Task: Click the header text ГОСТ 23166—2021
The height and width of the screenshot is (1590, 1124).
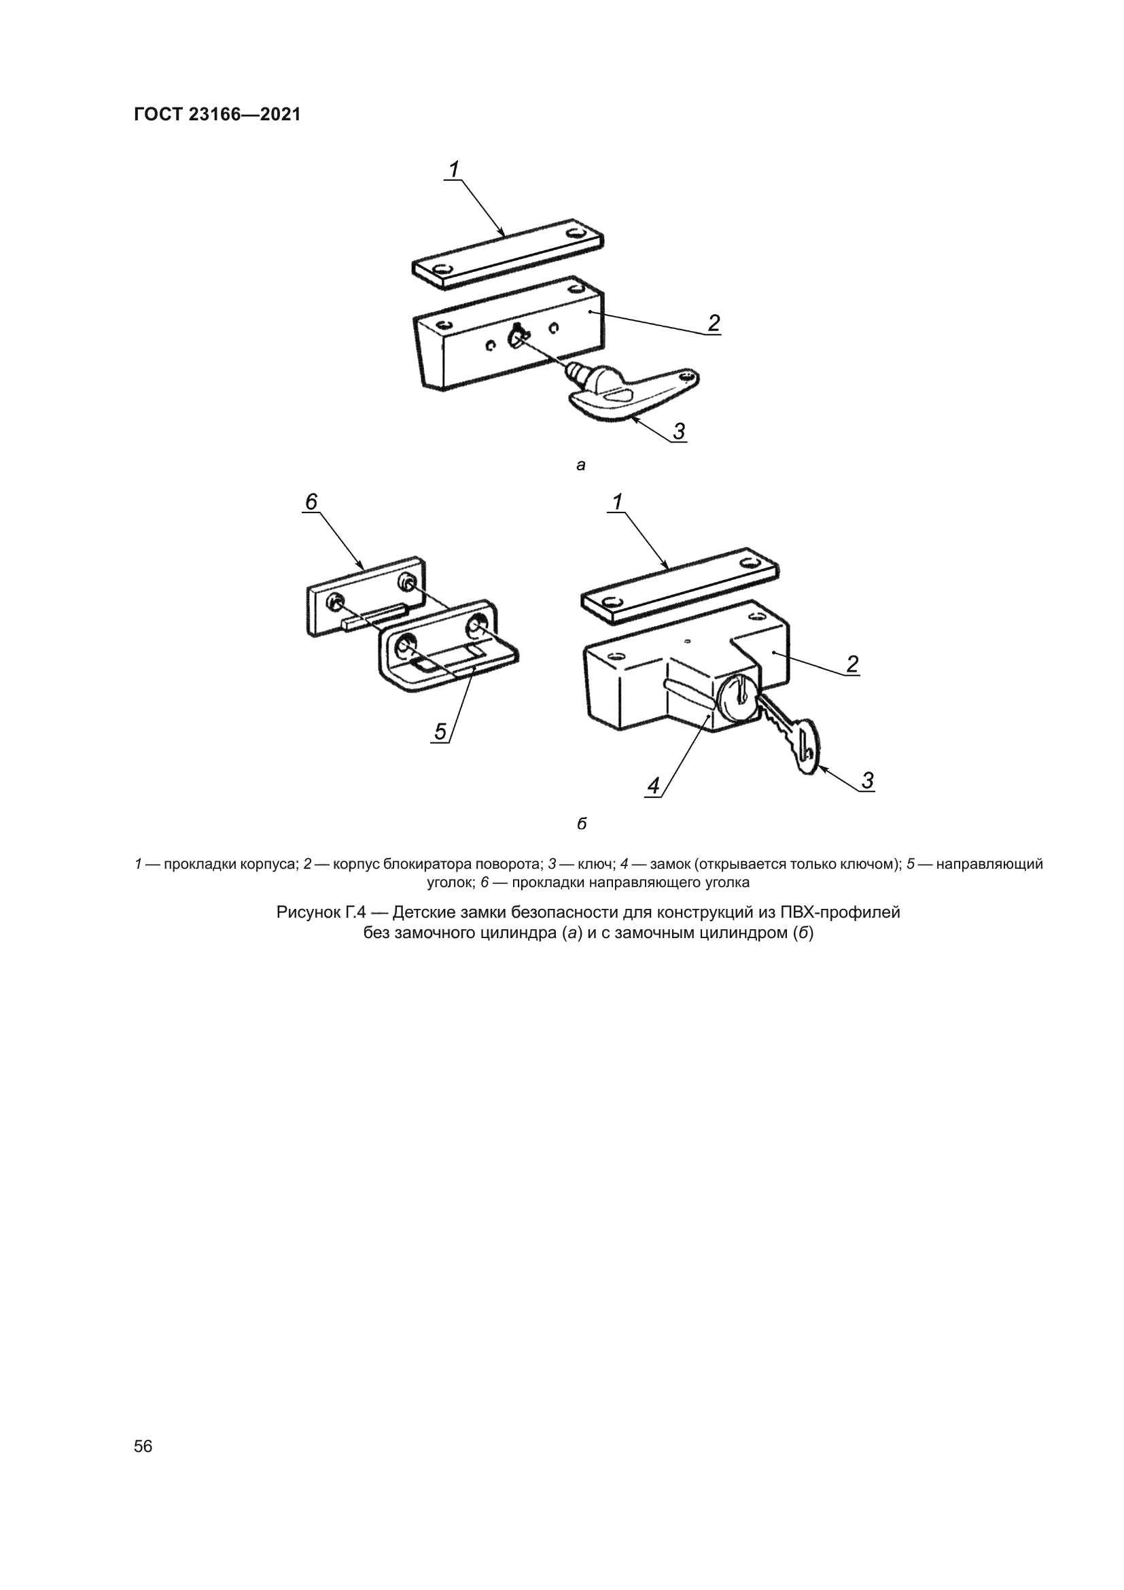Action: (217, 115)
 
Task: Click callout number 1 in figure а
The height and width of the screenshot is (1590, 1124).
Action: (454, 169)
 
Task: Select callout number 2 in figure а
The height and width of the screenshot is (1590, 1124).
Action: (714, 323)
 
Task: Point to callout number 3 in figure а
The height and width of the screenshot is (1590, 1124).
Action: (679, 431)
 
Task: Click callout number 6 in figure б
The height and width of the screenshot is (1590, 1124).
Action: (311, 502)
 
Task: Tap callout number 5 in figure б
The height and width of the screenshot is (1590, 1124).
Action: (441, 731)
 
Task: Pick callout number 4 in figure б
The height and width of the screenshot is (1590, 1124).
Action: (653, 786)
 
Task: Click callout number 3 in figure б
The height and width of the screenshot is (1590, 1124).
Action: (867, 780)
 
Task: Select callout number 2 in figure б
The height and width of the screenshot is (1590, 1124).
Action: (852, 664)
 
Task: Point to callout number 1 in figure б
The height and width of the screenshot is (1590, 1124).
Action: (617, 502)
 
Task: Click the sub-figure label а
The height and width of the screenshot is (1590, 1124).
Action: (580, 466)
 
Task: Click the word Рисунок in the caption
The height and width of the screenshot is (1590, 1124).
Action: (310, 913)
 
